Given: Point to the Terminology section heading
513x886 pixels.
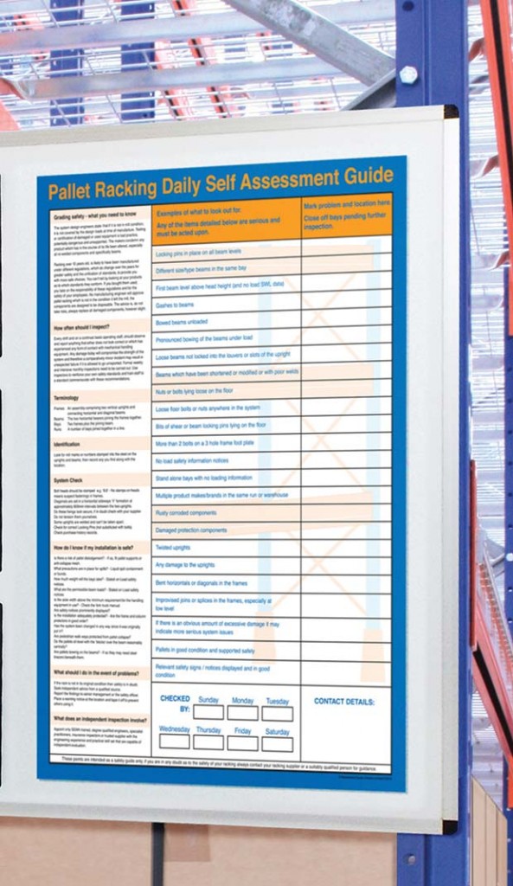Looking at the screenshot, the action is click(67, 397).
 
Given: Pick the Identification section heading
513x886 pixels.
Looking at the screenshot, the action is click(67, 444).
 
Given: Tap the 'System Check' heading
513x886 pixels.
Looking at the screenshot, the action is click(69, 480).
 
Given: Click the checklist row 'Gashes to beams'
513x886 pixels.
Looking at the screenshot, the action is click(175, 305).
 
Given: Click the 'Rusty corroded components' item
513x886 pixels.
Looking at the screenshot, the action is click(186, 512).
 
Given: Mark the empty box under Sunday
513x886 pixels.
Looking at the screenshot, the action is click(208, 712).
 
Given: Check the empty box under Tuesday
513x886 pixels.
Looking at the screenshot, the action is click(277, 713).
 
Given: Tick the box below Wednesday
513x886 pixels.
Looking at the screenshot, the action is click(174, 742).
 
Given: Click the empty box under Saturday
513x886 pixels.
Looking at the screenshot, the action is click(277, 743).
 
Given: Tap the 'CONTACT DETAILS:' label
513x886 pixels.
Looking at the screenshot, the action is click(343, 701).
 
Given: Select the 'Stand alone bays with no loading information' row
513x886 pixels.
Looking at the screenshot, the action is click(204, 477).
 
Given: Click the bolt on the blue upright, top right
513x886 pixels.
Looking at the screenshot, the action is click(409, 74).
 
